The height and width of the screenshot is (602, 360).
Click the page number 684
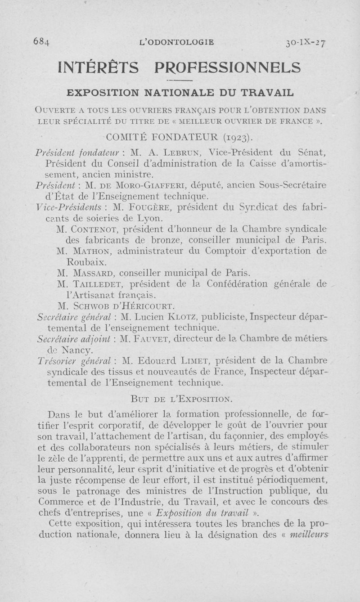click(x=42, y=43)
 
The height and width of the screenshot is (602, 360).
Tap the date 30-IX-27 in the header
click(x=306, y=43)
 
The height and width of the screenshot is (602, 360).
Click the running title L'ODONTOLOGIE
click(x=177, y=43)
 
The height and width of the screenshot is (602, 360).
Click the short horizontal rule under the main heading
click(x=180, y=80)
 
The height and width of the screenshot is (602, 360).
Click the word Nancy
click(x=78, y=350)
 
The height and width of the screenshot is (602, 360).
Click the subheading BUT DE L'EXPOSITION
click(x=181, y=399)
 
